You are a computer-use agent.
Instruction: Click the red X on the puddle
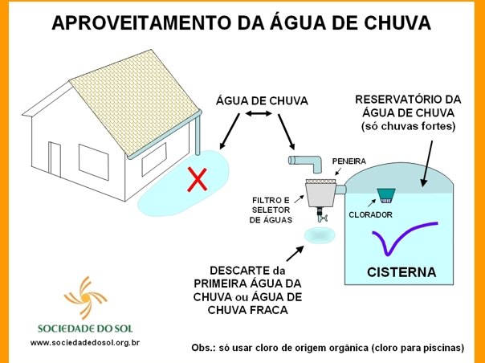[x=197, y=179]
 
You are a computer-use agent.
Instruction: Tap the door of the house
[x=55, y=159]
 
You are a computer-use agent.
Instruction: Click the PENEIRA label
[x=349, y=161]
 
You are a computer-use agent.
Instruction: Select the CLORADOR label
[x=370, y=214]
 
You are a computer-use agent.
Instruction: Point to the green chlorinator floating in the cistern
[x=386, y=196]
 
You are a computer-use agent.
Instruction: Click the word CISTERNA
[x=401, y=272]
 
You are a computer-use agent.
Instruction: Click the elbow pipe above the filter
[x=306, y=163]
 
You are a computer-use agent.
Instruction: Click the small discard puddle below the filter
[x=320, y=235]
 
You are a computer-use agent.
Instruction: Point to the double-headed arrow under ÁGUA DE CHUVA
[x=259, y=114]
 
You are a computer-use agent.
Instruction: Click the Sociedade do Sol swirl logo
[x=85, y=297]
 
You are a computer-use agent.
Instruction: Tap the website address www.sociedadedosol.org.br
[x=85, y=343]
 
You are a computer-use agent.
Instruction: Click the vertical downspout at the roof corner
[x=198, y=133]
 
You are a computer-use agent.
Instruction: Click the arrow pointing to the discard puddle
[x=295, y=254]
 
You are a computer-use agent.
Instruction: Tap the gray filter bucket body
[x=320, y=195]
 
